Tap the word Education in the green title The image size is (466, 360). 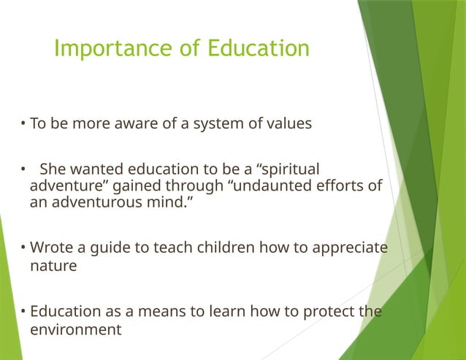(259, 49)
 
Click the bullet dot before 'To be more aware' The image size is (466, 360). (23, 123)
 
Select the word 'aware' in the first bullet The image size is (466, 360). (134, 123)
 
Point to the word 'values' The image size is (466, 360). (288, 123)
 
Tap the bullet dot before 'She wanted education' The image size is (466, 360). (23, 169)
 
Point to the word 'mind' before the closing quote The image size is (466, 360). (162, 202)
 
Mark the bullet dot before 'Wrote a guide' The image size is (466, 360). (23, 247)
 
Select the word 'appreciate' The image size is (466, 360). (350, 248)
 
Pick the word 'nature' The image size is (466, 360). (53, 266)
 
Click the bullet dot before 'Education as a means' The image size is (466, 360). (23, 312)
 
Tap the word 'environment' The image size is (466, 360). (75, 330)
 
